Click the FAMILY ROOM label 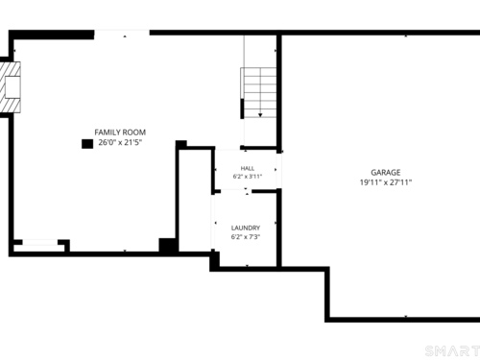120,132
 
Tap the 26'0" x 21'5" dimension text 120,142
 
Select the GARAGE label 386,173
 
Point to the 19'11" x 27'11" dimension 386,182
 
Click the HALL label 248,168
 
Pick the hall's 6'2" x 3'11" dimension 248,177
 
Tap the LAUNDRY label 246,228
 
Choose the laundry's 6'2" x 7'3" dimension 246,237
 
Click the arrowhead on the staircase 260,115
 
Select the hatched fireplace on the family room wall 11,87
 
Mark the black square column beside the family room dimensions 87,144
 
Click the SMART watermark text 452,351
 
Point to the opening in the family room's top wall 122,33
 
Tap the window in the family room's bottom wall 40,242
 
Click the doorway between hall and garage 279,171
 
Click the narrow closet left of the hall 195,201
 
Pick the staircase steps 258,93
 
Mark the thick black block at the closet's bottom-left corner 167,246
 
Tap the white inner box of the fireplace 12,87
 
